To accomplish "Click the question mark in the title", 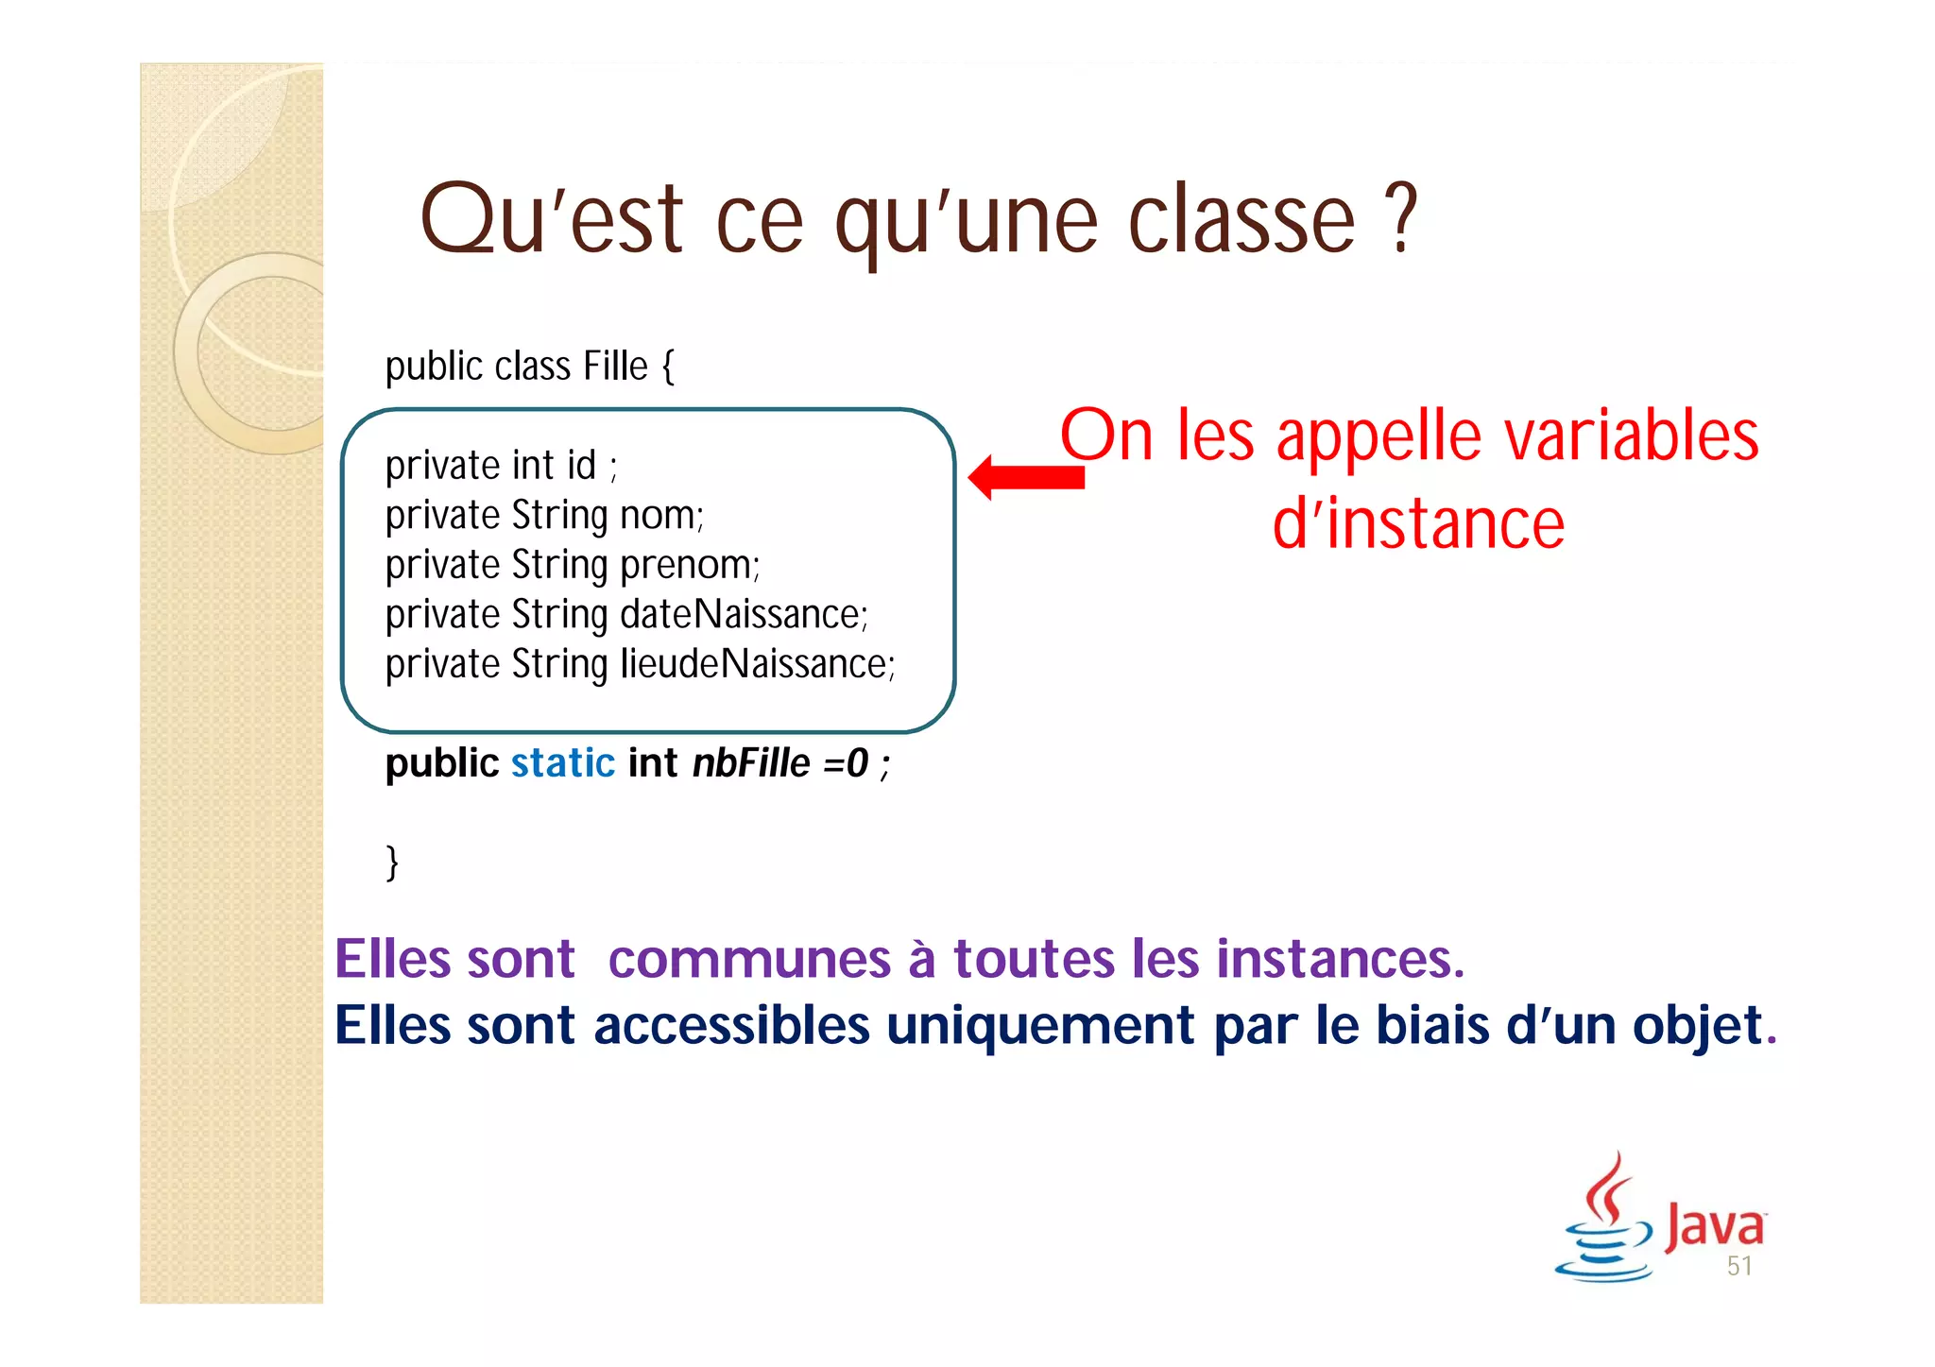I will click(x=1405, y=218).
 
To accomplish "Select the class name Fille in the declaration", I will click(x=615, y=367).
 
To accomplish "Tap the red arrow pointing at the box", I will click(x=1026, y=477).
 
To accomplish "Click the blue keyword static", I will click(x=562, y=763).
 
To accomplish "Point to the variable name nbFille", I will click(x=751, y=763).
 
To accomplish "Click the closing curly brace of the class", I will click(x=392, y=862).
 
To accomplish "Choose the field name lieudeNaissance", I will click(x=755, y=664).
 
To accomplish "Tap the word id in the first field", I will click(x=581, y=466).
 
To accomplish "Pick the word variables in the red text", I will click(x=1631, y=436).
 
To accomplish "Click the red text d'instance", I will click(x=1417, y=524).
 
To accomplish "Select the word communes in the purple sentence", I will click(x=749, y=960).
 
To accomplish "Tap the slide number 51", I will click(x=1739, y=1267).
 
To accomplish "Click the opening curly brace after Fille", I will click(x=668, y=367).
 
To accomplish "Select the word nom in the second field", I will click(x=659, y=516).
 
